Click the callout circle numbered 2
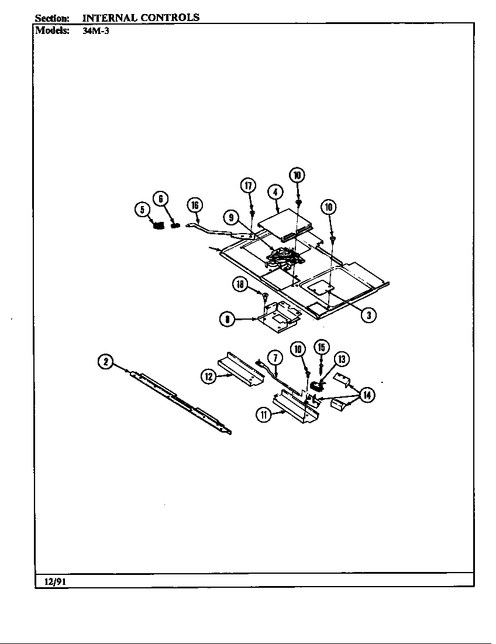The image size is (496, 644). [x=105, y=362]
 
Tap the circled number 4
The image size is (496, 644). [x=275, y=191]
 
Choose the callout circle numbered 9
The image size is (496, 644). [x=232, y=217]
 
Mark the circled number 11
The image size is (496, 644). [x=264, y=416]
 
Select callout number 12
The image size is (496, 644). [x=209, y=376]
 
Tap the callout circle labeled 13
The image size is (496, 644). [x=341, y=359]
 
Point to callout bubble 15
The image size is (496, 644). [x=321, y=347]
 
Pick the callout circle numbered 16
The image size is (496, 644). [x=195, y=204]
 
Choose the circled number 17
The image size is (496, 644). [x=248, y=186]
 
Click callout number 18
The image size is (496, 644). [x=240, y=284]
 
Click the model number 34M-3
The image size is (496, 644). [x=92, y=31]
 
